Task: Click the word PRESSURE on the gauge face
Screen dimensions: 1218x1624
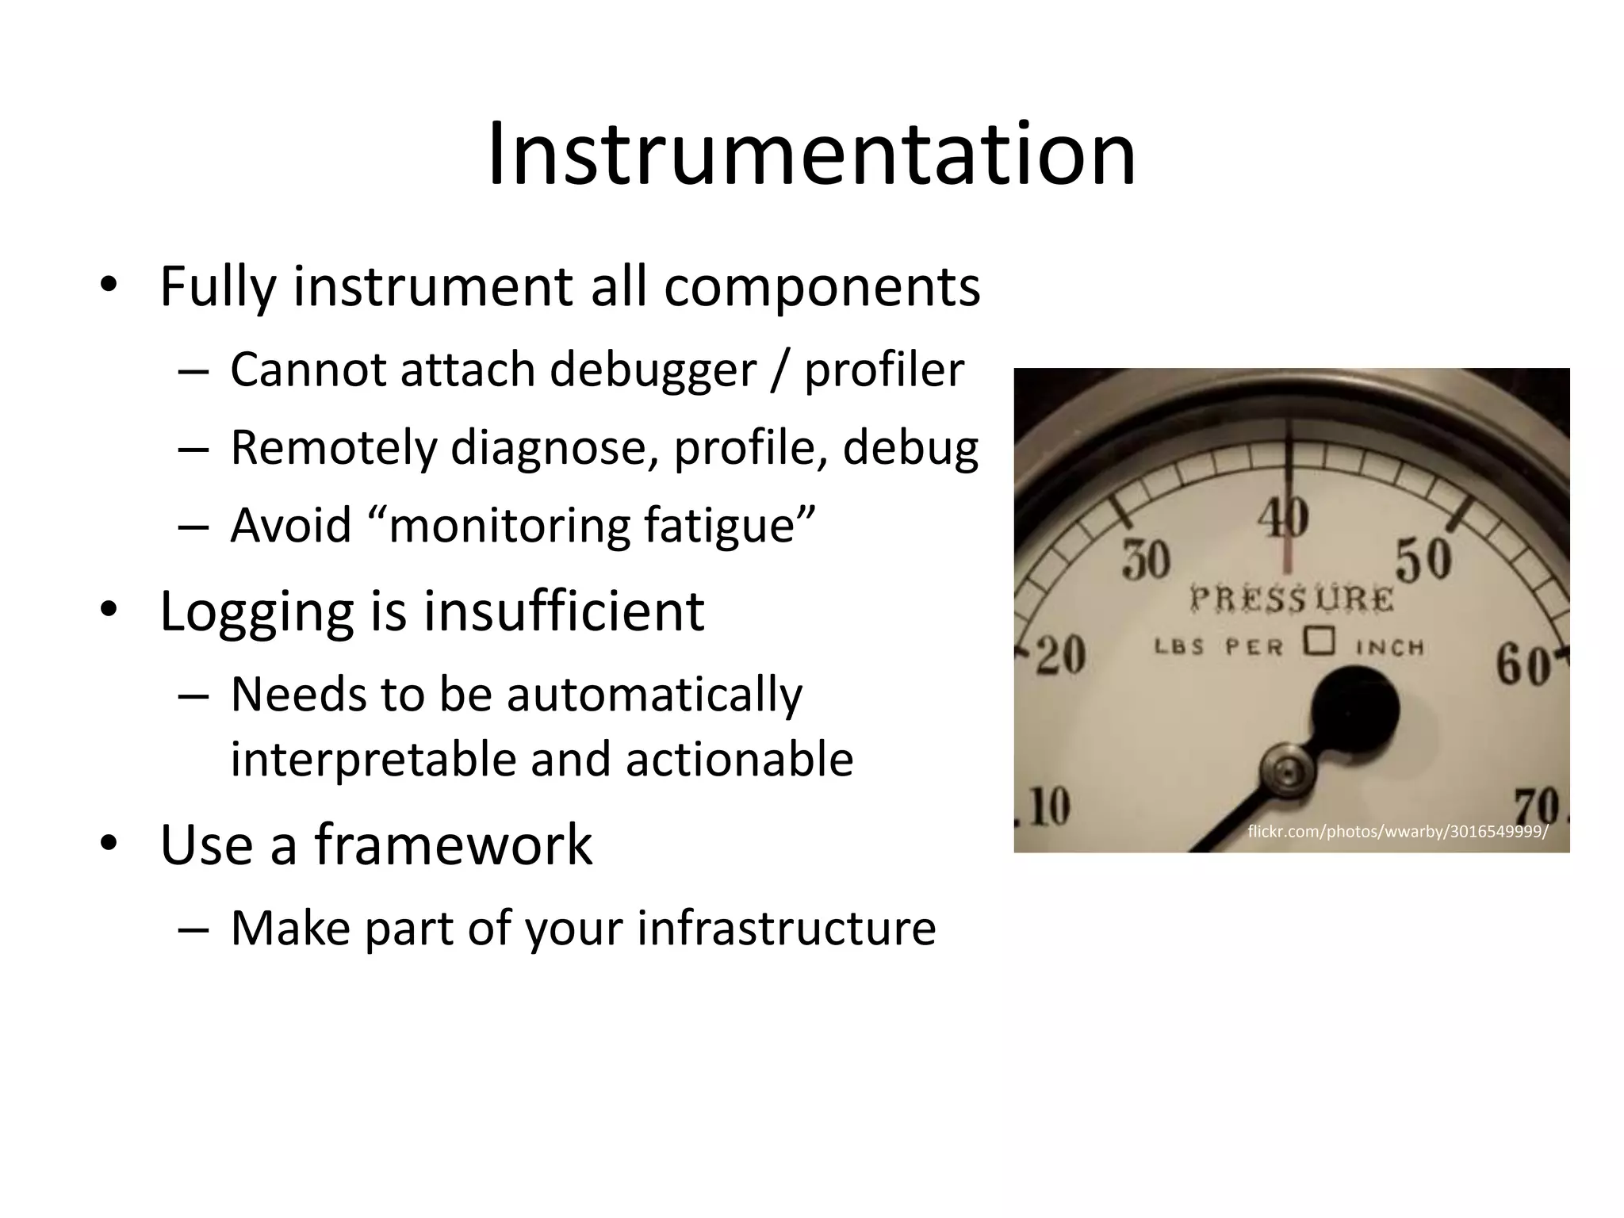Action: click(1291, 598)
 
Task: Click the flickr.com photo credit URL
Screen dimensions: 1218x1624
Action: click(1397, 831)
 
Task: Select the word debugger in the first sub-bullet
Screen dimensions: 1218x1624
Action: click(653, 370)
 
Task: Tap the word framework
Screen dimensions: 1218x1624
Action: click(453, 844)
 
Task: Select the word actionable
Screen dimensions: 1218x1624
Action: click(739, 759)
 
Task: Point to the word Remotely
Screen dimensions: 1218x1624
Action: click(334, 447)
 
